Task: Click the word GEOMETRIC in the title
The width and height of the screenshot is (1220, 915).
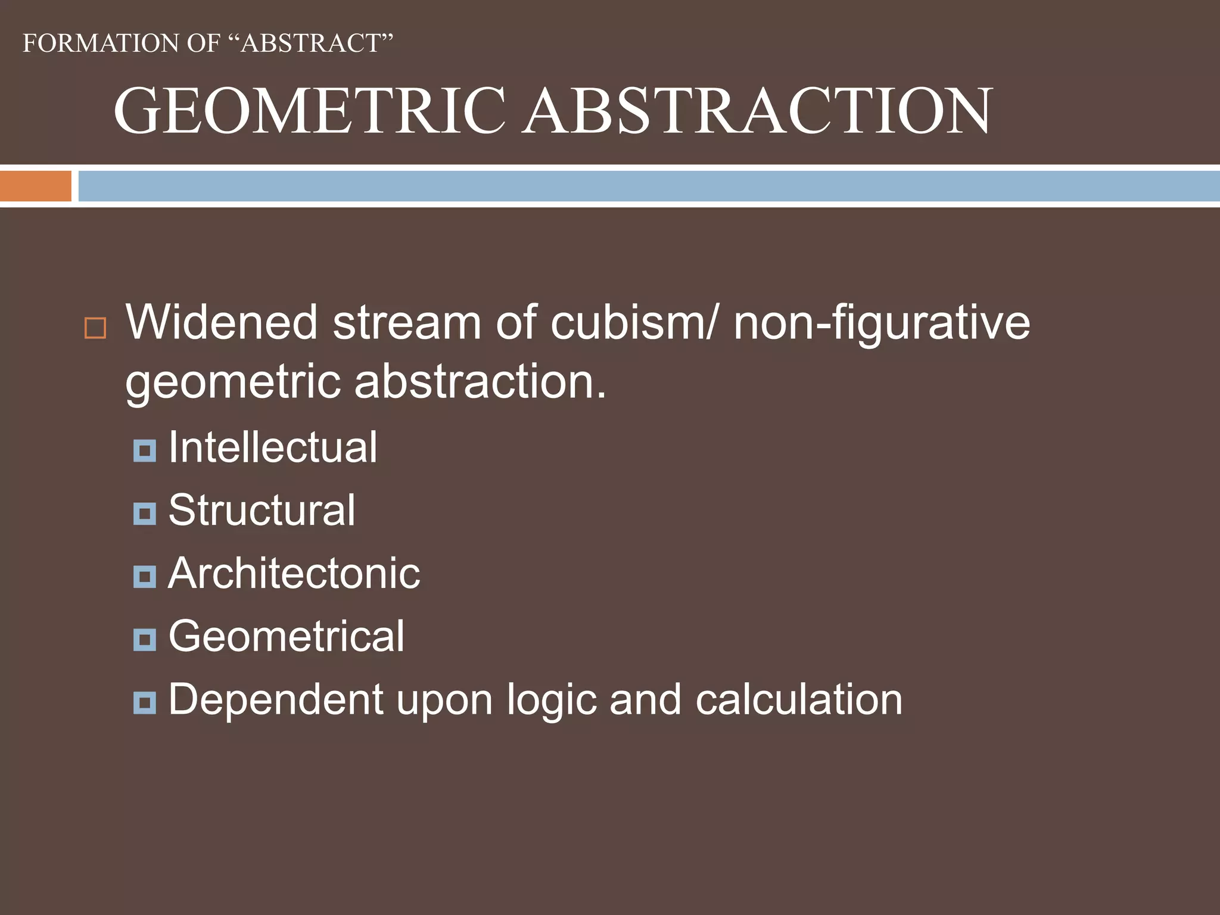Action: click(x=310, y=111)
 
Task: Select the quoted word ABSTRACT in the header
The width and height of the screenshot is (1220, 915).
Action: click(x=310, y=43)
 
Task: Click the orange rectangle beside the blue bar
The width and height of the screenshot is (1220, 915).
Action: click(x=35, y=186)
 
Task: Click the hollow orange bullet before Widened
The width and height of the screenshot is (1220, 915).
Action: click(x=95, y=328)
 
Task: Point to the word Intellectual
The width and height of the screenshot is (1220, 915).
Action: click(x=273, y=447)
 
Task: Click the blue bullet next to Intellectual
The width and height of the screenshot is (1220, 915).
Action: click(x=145, y=450)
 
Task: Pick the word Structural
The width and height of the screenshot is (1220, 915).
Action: click(x=262, y=511)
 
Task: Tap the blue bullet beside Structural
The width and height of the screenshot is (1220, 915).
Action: click(x=145, y=513)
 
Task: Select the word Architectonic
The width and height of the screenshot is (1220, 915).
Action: click(x=294, y=574)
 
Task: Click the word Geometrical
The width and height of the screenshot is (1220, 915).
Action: click(x=287, y=636)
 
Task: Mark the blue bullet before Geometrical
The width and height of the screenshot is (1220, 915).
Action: click(x=145, y=640)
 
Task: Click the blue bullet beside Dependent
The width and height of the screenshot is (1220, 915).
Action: click(x=145, y=703)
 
